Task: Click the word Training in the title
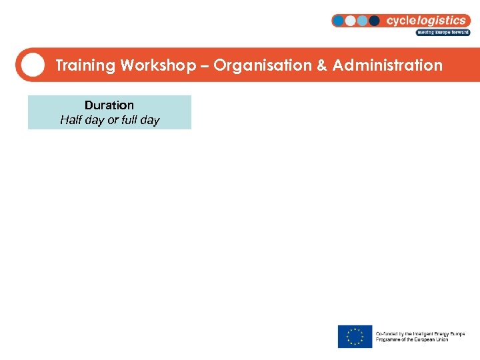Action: [85, 65]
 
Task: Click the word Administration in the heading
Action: [387, 65]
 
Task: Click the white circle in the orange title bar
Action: [32, 65]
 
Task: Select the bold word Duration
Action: [109, 105]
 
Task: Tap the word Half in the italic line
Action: [70, 120]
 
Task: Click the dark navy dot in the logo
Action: [374, 21]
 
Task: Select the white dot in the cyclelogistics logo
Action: [350, 21]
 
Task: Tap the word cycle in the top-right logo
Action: [403, 21]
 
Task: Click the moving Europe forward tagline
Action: [443, 32]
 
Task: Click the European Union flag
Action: [355, 337]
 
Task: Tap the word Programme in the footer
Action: [389, 340]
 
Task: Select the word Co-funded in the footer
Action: [387, 333]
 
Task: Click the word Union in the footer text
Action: [440, 340]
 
